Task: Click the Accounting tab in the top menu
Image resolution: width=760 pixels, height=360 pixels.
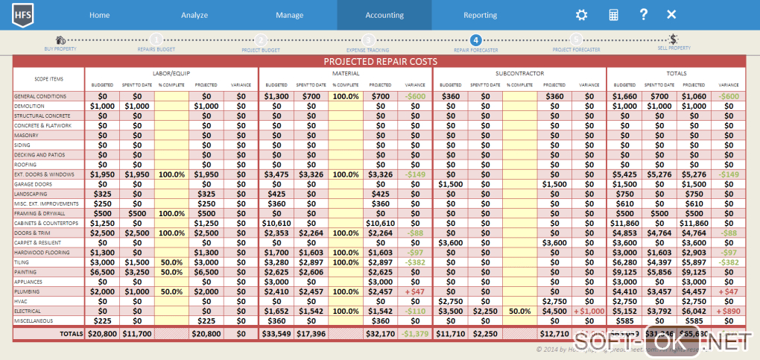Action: tap(384, 15)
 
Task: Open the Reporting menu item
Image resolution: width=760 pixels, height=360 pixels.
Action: tap(480, 15)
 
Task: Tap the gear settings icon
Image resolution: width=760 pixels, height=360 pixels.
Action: tap(581, 15)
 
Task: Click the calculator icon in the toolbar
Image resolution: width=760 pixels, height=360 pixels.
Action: tap(613, 15)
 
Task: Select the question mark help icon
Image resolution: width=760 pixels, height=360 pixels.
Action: tap(643, 14)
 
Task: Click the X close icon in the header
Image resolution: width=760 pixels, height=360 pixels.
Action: tap(671, 14)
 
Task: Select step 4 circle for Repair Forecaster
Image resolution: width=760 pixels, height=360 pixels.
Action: tap(476, 40)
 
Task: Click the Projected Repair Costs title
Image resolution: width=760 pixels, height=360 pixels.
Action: tap(380, 62)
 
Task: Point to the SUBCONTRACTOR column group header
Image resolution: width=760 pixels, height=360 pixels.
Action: tap(519, 74)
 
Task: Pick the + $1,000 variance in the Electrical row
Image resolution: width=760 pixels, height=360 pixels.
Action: tap(589, 311)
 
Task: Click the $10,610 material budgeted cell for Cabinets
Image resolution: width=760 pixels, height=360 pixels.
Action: tap(276, 223)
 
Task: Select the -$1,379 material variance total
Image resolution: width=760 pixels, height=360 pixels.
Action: tap(415, 333)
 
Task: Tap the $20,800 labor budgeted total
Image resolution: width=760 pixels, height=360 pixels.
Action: tap(102, 333)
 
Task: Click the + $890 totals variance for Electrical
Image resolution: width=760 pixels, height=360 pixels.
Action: tap(729, 311)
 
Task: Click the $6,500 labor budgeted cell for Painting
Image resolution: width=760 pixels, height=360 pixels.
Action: tap(102, 272)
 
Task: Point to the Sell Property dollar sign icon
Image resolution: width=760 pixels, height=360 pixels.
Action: tap(672, 40)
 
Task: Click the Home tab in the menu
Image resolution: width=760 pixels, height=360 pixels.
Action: tap(99, 15)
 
